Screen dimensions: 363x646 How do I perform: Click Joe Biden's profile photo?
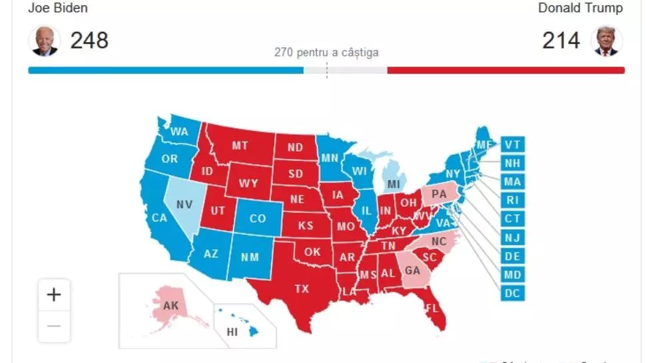click(44, 41)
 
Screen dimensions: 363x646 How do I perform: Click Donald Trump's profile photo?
click(606, 41)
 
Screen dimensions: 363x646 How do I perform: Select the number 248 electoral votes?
click(89, 41)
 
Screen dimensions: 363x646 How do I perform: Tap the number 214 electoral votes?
click(561, 41)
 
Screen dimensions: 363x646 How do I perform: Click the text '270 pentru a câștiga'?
click(326, 53)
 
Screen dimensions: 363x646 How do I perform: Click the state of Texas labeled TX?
click(302, 289)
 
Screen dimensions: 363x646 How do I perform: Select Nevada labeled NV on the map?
click(184, 205)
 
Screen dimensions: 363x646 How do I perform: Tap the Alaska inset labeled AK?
click(170, 306)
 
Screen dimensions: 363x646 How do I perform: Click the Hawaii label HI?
click(232, 331)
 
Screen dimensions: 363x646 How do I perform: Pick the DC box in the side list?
click(512, 293)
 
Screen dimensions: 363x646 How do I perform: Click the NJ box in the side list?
click(512, 237)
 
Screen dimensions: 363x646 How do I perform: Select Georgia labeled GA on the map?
click(412, 271)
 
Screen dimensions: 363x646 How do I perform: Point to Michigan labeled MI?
click(394, 183)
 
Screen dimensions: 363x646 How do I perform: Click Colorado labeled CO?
click(257, 218)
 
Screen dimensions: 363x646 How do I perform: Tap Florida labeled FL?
click(432, 308)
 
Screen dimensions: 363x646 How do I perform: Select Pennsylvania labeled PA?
click(439, 194)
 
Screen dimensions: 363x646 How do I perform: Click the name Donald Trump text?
click(580, 8)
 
